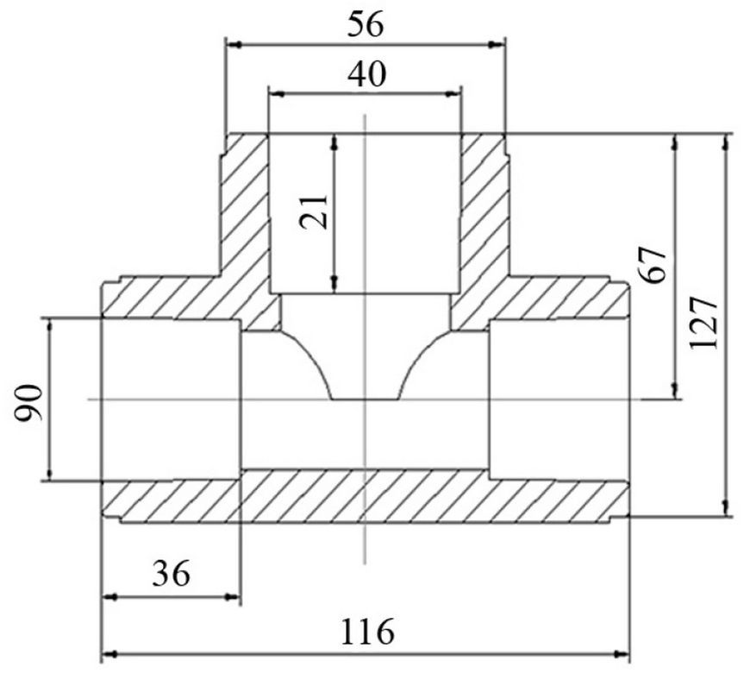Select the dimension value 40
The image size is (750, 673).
366,75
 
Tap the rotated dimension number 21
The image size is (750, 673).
314,211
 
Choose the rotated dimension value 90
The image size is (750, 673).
28,401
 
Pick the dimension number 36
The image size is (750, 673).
172,574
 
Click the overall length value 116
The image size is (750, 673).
367,632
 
